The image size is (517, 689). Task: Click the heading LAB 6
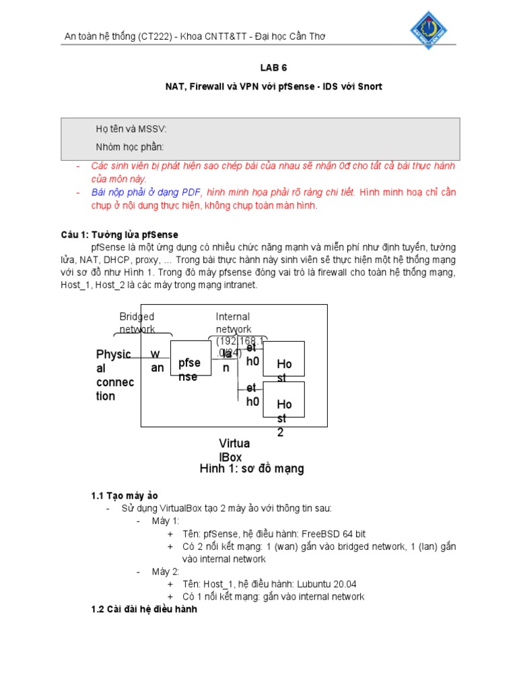point(273,68)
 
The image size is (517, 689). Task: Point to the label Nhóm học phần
point(130,147)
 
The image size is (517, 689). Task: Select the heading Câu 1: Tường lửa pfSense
point(119,235)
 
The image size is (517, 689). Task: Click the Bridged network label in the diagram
point(137,322)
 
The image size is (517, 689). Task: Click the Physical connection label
point(114,375)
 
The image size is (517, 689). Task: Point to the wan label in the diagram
point(157,361)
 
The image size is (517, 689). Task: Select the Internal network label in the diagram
point(233,322)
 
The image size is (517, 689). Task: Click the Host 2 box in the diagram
point(283,404)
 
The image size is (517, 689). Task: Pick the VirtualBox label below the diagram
point(234,450)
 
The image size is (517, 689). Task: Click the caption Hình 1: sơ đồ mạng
point(252,469)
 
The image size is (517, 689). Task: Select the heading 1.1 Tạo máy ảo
point(125,496)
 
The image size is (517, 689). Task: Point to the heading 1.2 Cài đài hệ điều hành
point(144,610)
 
